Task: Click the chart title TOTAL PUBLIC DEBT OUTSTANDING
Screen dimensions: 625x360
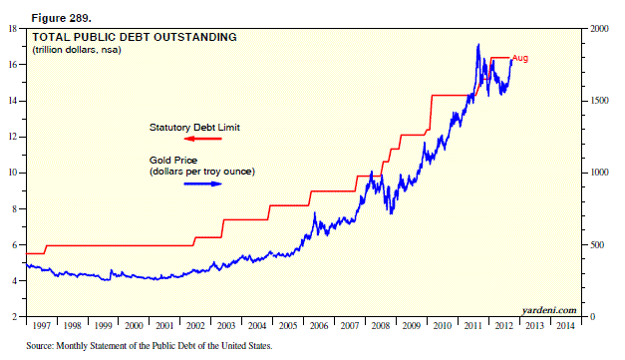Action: (135, 37)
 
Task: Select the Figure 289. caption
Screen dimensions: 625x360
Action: (62, 18)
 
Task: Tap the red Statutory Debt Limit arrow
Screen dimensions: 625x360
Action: (202, 139)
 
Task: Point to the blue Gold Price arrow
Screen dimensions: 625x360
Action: (202, 183)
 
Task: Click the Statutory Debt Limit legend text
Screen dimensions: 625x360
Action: (194, 128)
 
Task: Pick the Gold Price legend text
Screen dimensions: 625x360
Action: (173, 161)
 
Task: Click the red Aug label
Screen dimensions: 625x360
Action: (520, 58)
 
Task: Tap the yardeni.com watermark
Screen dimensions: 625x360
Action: (549, 310)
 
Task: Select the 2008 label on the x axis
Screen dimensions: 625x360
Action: (381, 326)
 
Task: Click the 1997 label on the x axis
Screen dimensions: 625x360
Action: (42, 326)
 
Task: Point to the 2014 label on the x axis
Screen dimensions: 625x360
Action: (565, 326)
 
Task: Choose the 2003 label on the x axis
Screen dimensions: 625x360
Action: (226, 326)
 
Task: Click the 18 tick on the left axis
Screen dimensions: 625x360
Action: (12, 29)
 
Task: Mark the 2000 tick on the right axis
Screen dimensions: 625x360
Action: (600, 29)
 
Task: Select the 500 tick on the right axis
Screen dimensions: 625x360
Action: (598, 244)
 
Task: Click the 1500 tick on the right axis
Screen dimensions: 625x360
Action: (600, 101)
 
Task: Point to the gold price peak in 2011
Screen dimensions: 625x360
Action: (478, 44)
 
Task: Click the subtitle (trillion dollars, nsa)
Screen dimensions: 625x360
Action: (77, 50)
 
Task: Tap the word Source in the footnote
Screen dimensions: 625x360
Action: (39, 346)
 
